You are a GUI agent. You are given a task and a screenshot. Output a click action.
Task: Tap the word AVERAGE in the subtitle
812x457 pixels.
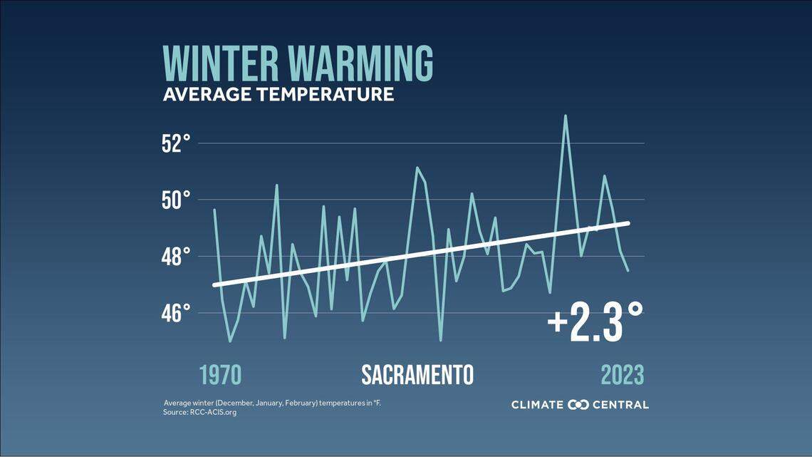(x=202, y=94)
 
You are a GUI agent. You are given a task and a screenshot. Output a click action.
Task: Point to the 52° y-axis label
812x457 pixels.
(x=175, y=143)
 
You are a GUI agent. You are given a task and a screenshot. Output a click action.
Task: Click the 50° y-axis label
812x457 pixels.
(x=175, y=200)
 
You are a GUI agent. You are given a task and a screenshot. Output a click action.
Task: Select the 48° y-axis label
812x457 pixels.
(x=175, y=256)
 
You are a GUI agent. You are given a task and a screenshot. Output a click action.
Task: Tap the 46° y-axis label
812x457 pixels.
(x=175, y=312)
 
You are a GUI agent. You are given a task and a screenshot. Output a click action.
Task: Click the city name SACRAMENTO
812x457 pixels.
(x=417, y=375)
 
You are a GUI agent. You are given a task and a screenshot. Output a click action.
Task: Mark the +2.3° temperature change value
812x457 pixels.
(x=595, y=322)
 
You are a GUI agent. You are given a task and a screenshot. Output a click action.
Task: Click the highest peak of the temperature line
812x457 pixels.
(x=566, y=115)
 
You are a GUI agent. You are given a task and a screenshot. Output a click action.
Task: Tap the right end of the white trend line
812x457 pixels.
(x=628, y=223)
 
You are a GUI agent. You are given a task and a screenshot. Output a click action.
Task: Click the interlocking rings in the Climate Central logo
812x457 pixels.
(x=578, y=405)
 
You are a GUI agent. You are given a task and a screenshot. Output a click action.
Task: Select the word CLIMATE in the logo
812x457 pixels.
(x=537, y=405)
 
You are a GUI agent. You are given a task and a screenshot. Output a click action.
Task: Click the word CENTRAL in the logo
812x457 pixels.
(x=620, y=405)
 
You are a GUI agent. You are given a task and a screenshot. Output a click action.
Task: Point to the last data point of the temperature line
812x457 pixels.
(x=628, y=270)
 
